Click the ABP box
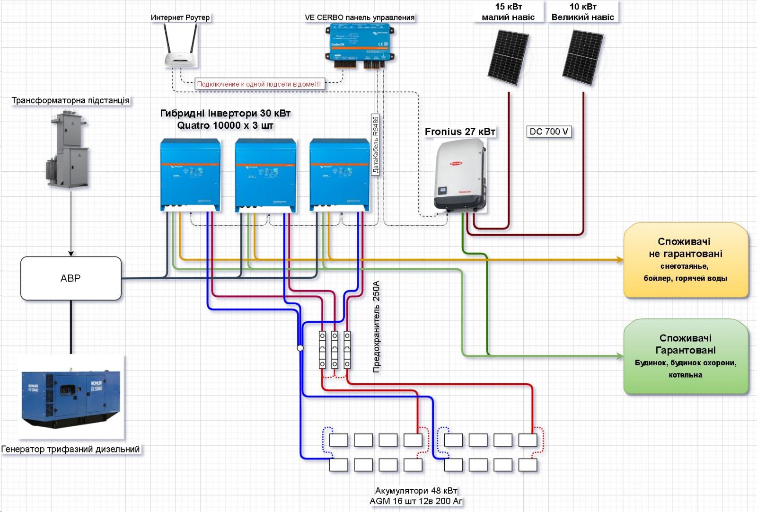71,278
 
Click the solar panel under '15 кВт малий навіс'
508,57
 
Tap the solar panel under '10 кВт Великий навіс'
583,57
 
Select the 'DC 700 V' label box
549,132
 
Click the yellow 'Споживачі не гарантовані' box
686,260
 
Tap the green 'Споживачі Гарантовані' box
686,356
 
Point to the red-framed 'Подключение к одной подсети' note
259,84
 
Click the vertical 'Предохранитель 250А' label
377,327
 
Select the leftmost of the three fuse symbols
322,350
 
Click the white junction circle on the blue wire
300,348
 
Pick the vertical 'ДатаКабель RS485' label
376,144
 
